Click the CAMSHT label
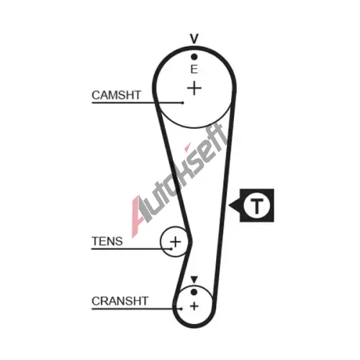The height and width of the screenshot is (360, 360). coord(116,95)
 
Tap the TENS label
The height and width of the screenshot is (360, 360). coord(107,241)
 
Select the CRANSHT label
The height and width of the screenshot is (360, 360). coord(120,301)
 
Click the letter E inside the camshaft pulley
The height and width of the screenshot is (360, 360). coord(194,69)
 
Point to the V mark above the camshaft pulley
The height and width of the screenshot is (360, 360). coord(194,39)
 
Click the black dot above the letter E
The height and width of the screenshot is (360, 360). coord(194,57)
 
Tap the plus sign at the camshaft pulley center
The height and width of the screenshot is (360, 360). coord(194,89)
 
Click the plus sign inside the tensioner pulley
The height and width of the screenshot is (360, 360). coord(176,242)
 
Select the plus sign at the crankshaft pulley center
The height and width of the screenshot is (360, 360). coord(194,306)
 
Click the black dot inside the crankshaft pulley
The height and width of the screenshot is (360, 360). coord(194,292)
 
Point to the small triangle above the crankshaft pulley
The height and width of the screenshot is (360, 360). coord(194,279)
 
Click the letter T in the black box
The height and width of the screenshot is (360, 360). coord(257,206)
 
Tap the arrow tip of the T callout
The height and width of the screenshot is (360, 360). coord(229,205)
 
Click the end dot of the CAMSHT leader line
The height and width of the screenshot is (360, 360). coord(183,103)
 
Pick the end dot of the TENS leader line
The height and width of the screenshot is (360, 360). coord(171,249)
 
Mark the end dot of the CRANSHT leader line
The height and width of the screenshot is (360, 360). coord(181,309)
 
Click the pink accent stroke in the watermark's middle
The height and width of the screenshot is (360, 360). coord(187,148)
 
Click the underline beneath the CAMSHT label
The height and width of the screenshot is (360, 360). coord(138,103)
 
